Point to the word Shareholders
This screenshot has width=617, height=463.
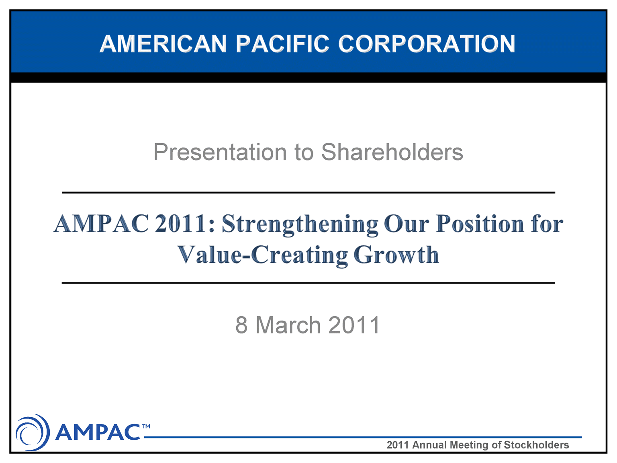click(392, 152)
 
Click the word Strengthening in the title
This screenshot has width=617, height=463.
click(300, 224)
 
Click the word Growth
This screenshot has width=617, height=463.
click(396, 255)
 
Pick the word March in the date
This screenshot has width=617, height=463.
click(288, 325)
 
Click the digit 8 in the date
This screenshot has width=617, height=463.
click(241, 325)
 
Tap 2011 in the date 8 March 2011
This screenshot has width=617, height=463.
click(354, 325)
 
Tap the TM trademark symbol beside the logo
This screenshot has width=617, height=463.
click(146, 426)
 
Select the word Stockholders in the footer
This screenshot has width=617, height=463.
click(536, 445)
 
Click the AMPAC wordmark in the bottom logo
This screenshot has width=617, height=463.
click(98, 432)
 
